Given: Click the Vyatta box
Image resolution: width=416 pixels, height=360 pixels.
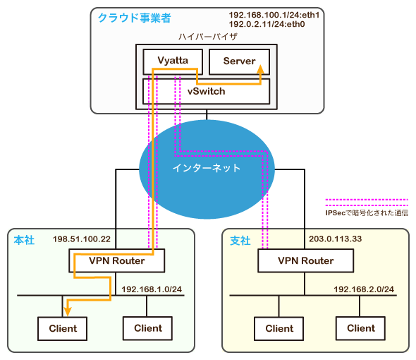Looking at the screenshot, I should (172, 61).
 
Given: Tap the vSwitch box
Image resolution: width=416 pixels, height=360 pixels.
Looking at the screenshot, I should (205, 90).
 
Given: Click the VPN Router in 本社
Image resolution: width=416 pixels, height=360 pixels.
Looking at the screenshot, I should (116, 261).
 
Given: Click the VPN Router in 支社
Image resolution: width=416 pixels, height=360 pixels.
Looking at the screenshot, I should (305, 261).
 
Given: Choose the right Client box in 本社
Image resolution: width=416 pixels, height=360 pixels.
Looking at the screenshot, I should (147, 328).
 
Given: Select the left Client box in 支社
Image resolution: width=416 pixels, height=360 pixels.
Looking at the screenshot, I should (279, 328).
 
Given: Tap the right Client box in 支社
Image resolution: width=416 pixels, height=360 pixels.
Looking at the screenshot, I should (360, 328).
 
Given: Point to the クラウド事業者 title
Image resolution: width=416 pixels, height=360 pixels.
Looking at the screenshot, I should (134, 16).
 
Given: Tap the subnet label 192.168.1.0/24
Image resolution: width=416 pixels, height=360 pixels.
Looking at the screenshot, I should (152, 289).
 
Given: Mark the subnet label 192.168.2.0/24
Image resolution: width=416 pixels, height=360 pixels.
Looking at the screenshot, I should (365, 289).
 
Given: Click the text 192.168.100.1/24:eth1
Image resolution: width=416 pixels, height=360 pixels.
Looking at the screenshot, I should (273, 15).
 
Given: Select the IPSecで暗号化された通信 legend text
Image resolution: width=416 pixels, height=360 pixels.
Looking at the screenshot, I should (366, 212).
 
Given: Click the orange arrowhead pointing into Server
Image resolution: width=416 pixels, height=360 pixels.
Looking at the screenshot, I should (261, 69).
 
